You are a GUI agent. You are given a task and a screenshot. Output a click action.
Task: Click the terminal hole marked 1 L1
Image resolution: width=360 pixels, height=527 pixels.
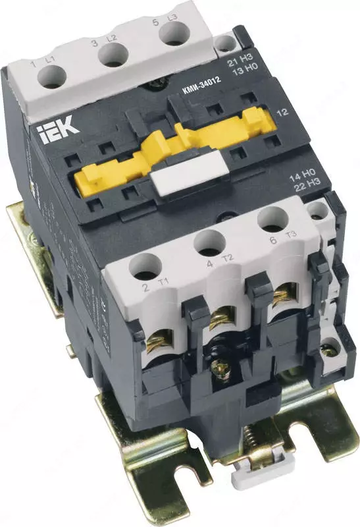pos(50,78)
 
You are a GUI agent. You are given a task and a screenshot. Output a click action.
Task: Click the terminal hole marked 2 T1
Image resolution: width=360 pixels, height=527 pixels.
pos(143,267)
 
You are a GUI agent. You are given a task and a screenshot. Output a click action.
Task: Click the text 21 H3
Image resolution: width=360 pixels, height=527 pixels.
pos(236,63)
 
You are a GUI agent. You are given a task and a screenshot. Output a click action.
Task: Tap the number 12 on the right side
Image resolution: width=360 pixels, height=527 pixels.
pos(284,113)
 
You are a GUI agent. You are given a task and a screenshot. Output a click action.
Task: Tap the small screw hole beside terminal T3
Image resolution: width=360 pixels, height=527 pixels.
pos(319,211)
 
